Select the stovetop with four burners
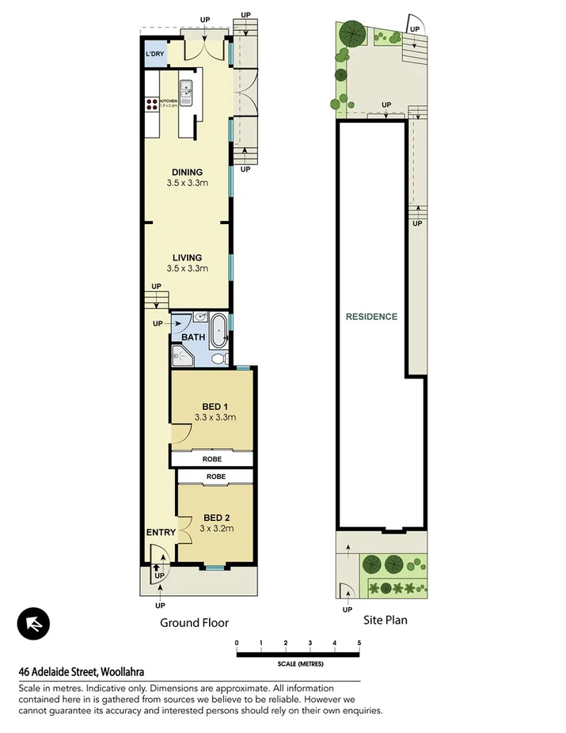point(152,105)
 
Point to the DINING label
point(188,173)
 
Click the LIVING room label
point(188,257)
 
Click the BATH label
point(193,337)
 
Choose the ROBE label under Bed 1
point(211,459)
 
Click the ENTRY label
point(161,533)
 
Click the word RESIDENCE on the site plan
point(371,317)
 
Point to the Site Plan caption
point(385,620)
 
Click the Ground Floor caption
point(194,623)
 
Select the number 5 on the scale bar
point(359,643)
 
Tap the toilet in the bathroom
point(218,358)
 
